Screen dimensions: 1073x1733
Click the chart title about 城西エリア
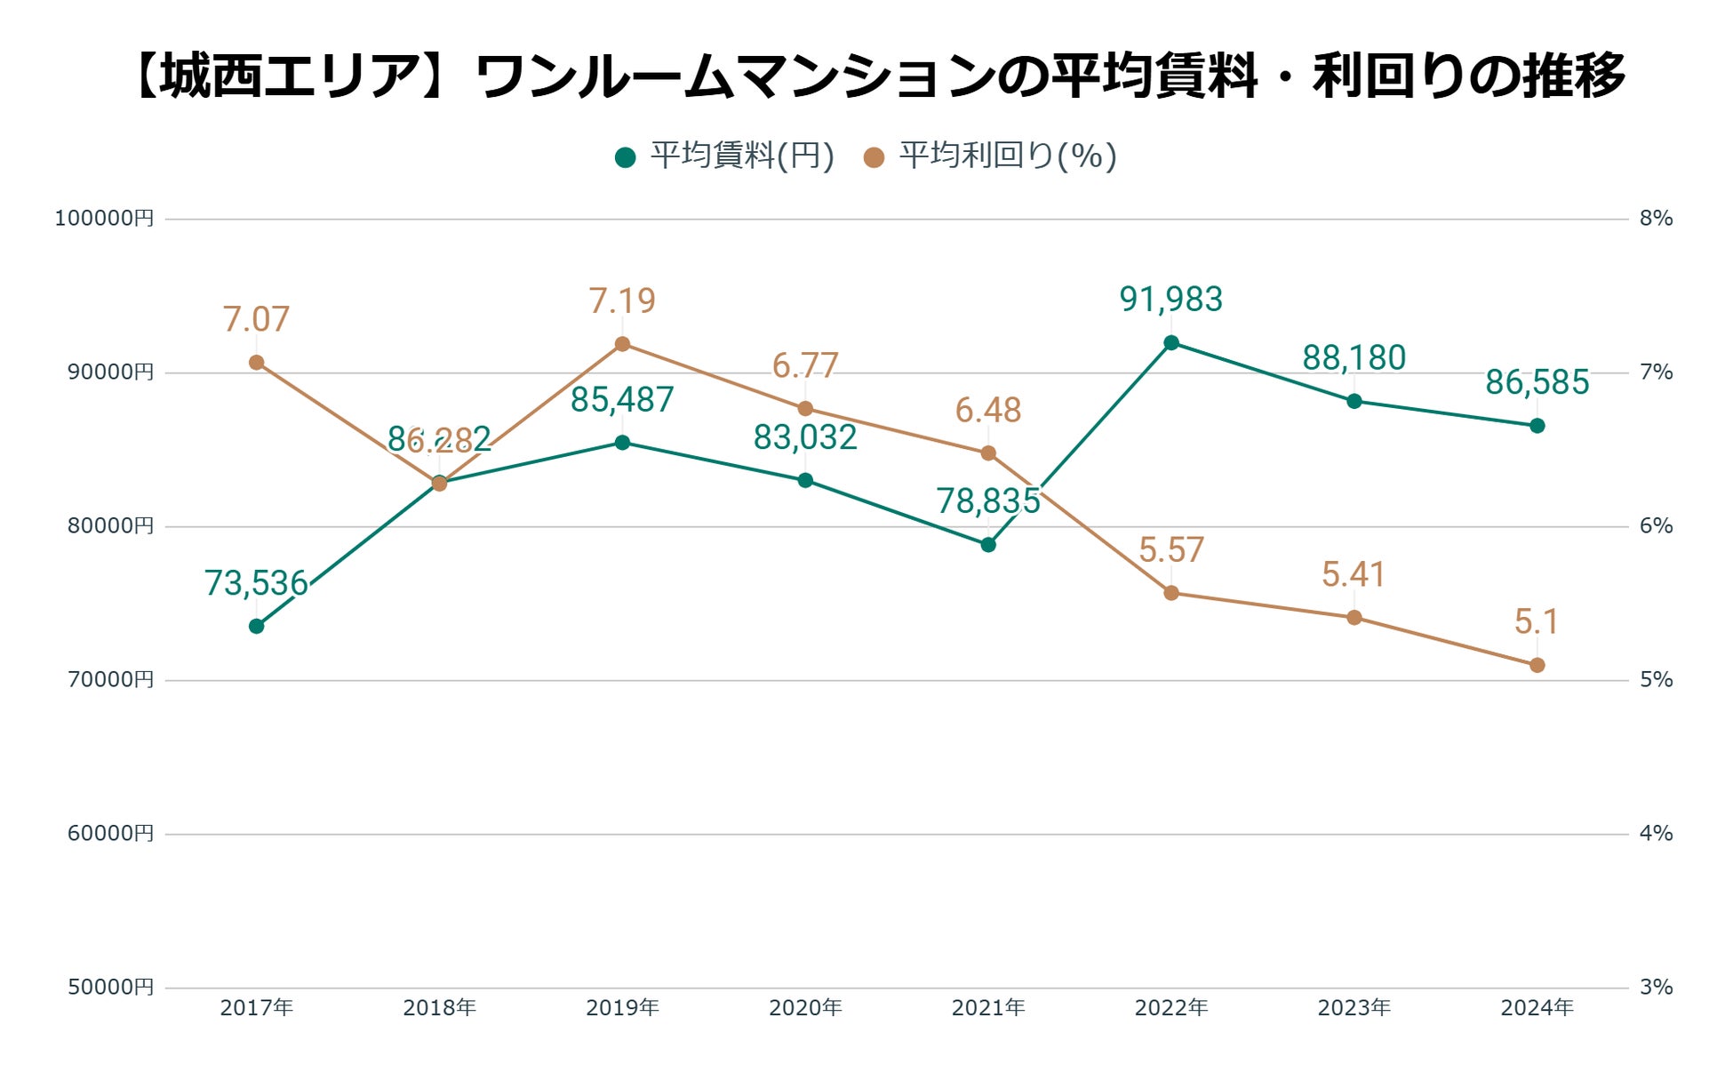point(880,76)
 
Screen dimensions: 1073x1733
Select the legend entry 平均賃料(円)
point(725,156)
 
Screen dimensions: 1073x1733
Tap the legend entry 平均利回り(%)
point(990,156)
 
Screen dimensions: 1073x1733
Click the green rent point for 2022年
point(1170,343)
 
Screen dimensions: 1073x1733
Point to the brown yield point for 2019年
point(622,344)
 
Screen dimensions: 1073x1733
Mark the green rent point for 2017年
point(256,627)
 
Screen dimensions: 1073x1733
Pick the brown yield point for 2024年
point(1537,665)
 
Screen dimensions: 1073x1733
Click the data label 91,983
point(1170,300)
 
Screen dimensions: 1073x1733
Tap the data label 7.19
point(622,301)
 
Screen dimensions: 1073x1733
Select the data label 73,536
point(256,583)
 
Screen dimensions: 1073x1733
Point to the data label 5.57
point(1170,550)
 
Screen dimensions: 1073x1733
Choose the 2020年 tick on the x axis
point(805,1008)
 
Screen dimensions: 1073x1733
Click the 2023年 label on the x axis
point(1354,1008)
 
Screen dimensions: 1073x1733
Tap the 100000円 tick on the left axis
point(104,219)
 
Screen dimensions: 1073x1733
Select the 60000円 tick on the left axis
point(110,834)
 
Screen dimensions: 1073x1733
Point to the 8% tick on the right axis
point(1656,219)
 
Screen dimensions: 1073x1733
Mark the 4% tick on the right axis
point(1656,834)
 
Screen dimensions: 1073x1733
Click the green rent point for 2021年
point(988,545)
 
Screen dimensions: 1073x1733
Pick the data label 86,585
point(1537,382)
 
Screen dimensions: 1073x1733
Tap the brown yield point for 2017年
point(256,363)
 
